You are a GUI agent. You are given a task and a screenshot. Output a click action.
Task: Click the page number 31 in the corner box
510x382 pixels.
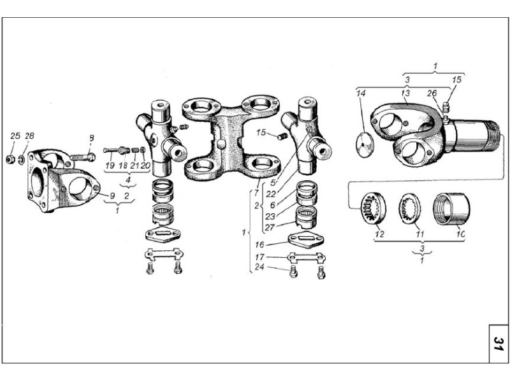(499, 344)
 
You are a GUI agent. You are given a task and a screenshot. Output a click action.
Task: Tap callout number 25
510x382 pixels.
(15, 136)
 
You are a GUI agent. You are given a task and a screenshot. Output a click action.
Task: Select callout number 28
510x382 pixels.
(29, 136)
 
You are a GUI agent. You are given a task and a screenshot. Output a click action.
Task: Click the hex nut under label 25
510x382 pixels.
(10, 159)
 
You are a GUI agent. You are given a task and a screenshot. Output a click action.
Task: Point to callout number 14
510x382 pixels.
(361, 94)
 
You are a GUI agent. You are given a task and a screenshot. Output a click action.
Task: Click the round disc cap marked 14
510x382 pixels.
(364, 145)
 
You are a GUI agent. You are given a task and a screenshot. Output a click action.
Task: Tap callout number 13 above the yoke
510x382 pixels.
(405, 94)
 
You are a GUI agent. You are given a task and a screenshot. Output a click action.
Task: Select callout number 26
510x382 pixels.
(432, 94)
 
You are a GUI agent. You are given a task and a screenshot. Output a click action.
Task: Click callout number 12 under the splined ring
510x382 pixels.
(379, 234)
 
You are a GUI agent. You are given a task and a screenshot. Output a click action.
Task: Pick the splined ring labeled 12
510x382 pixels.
(372, 208)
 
